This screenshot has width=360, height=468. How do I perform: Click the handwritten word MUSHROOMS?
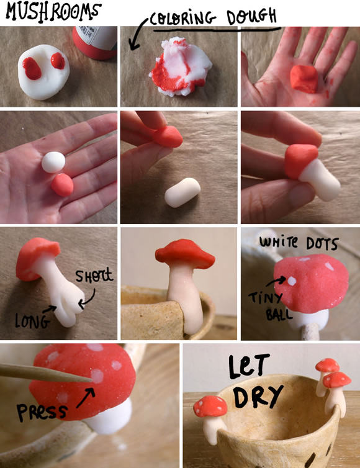point(53,11)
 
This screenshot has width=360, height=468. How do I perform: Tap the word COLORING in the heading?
point(182,19)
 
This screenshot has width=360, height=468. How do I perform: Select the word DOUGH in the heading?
point(251,16)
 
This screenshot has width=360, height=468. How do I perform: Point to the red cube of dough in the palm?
point(304,79)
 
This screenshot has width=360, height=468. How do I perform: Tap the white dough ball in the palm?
point(53,162)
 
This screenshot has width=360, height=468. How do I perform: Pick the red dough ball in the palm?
point(62,185)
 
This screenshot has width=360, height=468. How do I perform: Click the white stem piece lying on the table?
point(182,192)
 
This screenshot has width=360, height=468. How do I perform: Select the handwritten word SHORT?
point(94,276)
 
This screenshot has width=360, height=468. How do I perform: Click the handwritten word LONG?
point(32,321)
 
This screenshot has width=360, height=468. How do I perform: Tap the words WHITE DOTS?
point(298,243)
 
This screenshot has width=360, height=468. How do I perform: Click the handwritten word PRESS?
point(41,412)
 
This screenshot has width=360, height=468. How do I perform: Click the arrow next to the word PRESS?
point(86,397)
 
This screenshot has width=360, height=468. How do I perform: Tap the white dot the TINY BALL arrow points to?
point(292,281)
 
